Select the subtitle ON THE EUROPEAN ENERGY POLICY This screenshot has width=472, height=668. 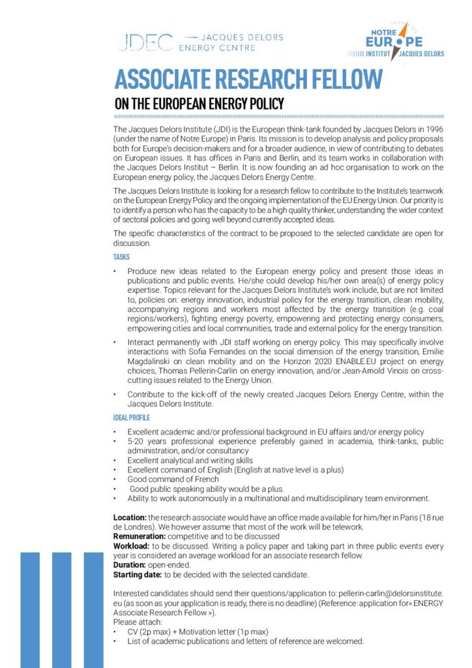click(x=199, y=103)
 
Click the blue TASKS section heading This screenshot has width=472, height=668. click(x=122, y=257)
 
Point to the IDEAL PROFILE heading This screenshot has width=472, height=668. click(x=131, y=417)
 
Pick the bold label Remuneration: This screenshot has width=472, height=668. click(x=140, y=536)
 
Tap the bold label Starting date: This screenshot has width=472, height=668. click(x=137, y=575)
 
